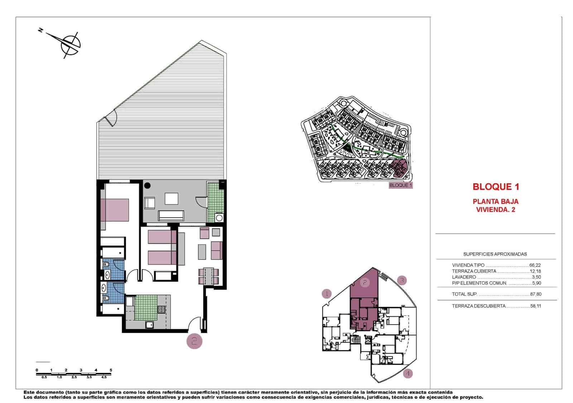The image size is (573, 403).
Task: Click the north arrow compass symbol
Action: pyautogui.click(x=70, y=44)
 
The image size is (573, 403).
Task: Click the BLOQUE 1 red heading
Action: pyautogui.click(x=496, y=186)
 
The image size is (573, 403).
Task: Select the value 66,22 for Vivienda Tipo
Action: pyautogui.click(x=535, y=265)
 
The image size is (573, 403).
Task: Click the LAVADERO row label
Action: pyautogui.click(x=464, y=277)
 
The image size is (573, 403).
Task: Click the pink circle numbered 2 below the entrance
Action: pyautogui.click(x=194, y=341)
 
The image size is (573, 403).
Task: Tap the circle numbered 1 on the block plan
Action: pyautogui.click(x=327, y=294)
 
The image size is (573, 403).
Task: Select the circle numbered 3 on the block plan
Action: pyautogui.click(x=402, y=280)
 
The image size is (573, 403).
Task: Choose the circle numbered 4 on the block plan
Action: pyautogui.click(x=408, y=374)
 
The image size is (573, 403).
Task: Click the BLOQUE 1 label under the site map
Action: pyautogui.click(x=401, y=185)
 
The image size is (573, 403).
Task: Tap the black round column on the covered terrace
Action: pyautogui.click(x=147, y=186)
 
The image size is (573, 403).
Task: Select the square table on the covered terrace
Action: pyautogui.click(x=172, y=199)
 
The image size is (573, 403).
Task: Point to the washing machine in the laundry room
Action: pyautogui.click(x=218, y=218)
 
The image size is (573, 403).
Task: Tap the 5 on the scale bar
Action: pyautogui.click(x=111, y=370)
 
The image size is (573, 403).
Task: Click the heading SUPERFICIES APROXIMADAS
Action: pyautogui.click(x=495, y=254)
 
